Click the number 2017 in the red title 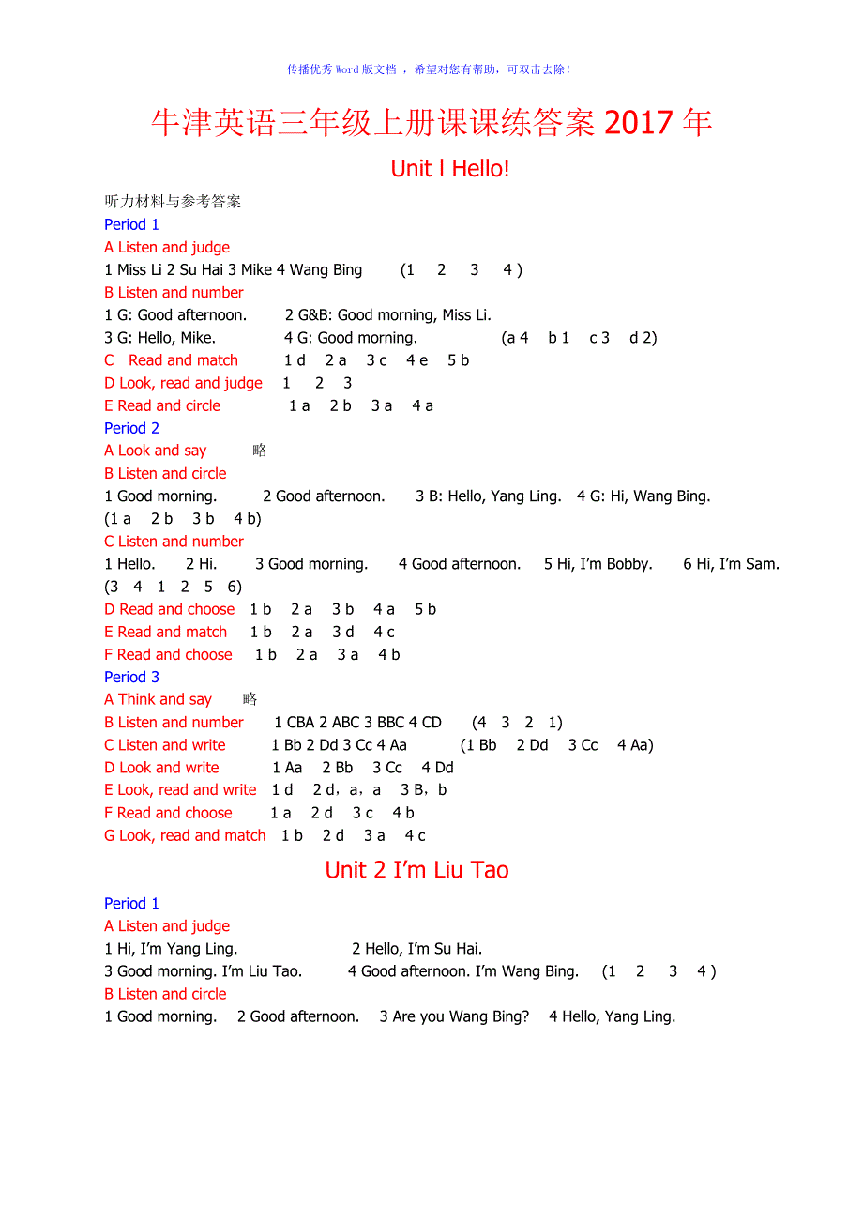point(639,123)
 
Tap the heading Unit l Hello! point(450,169)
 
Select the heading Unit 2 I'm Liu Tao point(416,870)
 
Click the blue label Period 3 point(131,677)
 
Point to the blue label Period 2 point(131,428)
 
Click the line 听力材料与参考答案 point(173,202)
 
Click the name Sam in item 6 point(764,564)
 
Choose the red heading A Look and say point(155,451)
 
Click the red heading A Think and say point(158,699)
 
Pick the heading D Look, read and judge point(183,383)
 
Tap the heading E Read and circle point(162,405)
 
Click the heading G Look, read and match point(185,835)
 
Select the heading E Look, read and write point(180,790)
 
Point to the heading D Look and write point(161,768)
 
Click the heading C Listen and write point(164,745)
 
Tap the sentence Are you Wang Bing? point(454,1016)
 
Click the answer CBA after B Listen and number point(300,723)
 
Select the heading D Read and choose point(169,609)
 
